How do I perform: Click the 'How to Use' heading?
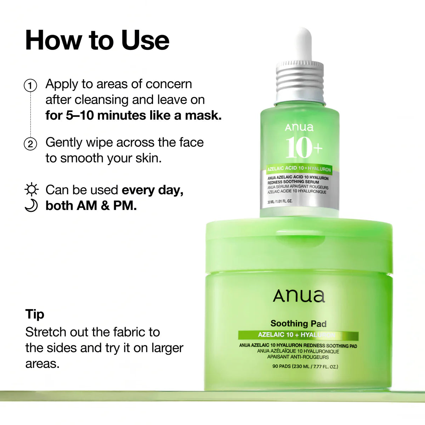pos(97,40)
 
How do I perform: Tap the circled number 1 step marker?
pos(30,86)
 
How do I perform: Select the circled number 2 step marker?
pos(30,144)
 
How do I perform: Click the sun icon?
pos(32,190)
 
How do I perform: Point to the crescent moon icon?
pos(31,206)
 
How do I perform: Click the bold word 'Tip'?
pos(35,314)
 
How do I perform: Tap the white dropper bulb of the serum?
pos(300,44)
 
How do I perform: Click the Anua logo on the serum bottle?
pos(299,127)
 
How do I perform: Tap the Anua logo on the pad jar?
pos(299,296)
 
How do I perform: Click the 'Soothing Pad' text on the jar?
pos(298,323)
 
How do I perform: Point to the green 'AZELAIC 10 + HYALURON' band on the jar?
pos(298,335)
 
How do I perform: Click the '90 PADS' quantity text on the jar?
pos(305,367)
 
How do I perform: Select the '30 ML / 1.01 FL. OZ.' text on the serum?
pos(280,202)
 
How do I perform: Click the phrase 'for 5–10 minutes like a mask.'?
pos(134,115)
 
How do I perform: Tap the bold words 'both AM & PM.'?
pos(91,206)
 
